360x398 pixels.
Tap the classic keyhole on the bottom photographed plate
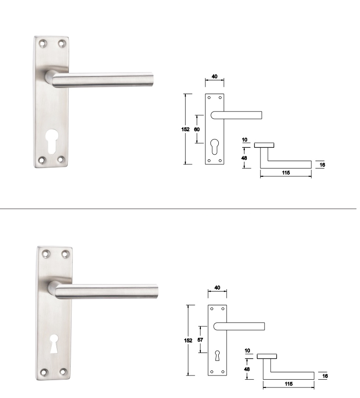[x=54, y=344]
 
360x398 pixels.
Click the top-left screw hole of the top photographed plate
[x=43, y=44]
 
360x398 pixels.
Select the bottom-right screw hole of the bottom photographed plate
[x=63, y=371]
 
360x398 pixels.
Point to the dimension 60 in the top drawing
[x=197, y=129]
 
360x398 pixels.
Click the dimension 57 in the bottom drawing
[x=200, y=340]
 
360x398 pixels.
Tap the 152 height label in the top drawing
[x=185, y=129]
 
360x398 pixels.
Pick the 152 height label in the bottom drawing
[x=188, y=341]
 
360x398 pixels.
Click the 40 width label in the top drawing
[x=215, y=76]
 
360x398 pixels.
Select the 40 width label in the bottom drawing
[x=217, y=287]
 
